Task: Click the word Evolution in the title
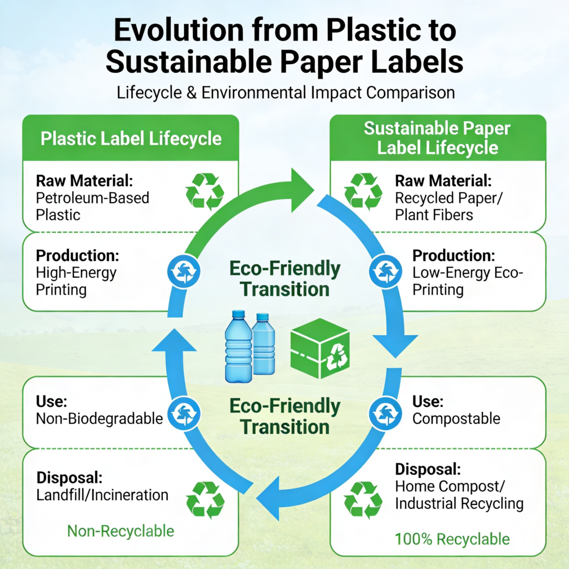click(179, 30)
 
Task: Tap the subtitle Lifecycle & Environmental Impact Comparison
click(286, 93)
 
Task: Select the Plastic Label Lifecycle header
click(131, 138)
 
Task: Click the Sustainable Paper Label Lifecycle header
click(437, 138)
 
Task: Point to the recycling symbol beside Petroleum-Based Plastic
click(204, 192)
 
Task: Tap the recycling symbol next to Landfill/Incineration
click(205, 500)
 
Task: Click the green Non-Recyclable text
click(121, 531)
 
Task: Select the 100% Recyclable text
click(452, 539)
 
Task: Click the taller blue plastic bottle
click(238, 347)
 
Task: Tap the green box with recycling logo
click(320, 348)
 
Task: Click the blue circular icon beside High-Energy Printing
click(183, 271)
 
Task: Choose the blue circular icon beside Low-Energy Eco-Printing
click(386, 271)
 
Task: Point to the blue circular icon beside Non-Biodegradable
click(183, 413)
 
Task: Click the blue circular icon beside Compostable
click(386, 413)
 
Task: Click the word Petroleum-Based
click(93, 198)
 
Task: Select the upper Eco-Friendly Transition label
click(285, 279)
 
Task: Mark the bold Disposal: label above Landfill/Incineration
click(69, 477)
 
